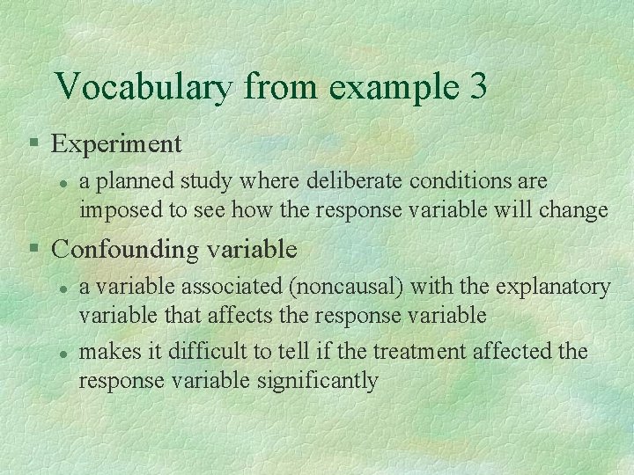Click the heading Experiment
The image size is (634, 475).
tap(116, 143)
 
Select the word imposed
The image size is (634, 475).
tap(113, 211)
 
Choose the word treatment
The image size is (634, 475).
tap(420, 352)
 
